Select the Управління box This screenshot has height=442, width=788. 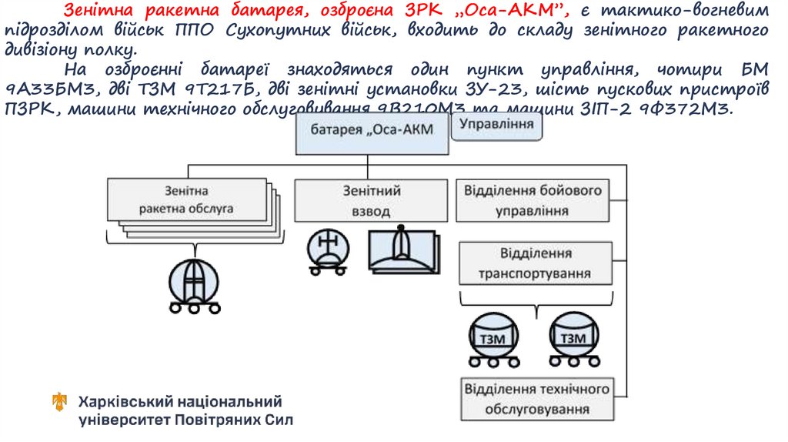[x=496, y=126]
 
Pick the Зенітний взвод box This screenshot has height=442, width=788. [x=371, y=200]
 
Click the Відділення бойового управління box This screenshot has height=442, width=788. [x=533, y=200]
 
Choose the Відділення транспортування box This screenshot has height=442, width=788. [x=535, y=263]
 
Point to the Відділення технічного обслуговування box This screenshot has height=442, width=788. [x=537, y=398]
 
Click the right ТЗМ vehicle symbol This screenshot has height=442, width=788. [x=573, y=338]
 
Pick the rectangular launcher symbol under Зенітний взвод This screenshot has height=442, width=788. [x=402, y=250]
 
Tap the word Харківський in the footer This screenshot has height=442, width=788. [x=123, y=402]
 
